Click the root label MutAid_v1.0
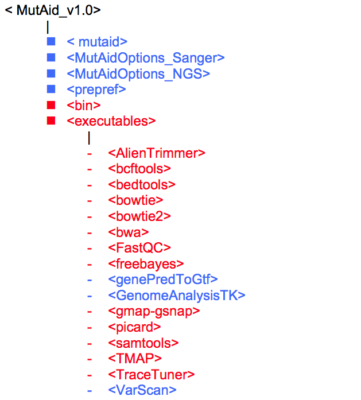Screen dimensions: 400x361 53,10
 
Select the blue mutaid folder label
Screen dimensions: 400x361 96,41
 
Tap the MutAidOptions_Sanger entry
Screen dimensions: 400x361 145,57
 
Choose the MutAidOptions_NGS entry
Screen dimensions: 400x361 138,73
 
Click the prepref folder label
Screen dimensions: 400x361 96,90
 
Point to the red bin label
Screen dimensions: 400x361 83,106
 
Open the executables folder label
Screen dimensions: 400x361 111,121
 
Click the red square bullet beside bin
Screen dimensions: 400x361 51,105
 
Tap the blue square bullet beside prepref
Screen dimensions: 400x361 51,89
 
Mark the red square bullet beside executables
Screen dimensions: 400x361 51,121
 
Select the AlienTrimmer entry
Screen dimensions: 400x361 156,153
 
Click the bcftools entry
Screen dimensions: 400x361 139,169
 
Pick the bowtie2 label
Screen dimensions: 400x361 139,216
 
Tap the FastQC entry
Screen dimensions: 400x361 139,248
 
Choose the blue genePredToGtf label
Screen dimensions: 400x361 162,279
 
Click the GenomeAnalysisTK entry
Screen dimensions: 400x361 176,296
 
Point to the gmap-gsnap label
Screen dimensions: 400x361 154,311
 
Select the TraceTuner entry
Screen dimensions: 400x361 151,375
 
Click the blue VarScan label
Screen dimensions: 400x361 142,390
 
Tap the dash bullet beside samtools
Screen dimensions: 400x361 89,343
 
